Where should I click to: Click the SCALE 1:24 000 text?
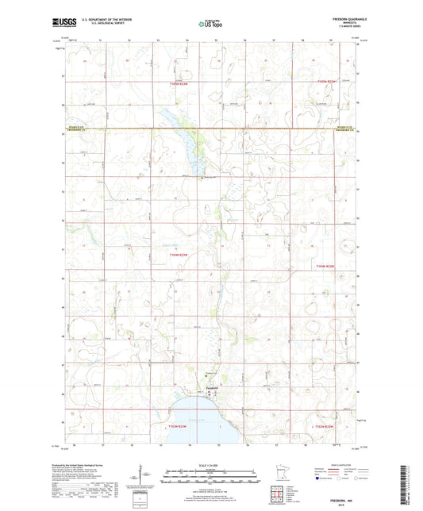coord(210,463)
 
